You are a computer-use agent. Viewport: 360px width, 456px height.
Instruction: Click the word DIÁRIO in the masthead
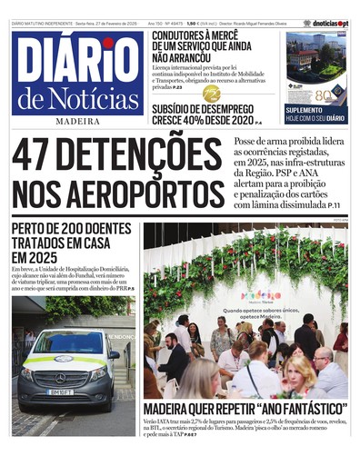click(x=77, y=61)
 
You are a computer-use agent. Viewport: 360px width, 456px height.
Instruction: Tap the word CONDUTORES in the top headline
click(x=185, y=37)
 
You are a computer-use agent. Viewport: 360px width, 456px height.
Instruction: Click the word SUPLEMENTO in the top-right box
click(x=306, y=109)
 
